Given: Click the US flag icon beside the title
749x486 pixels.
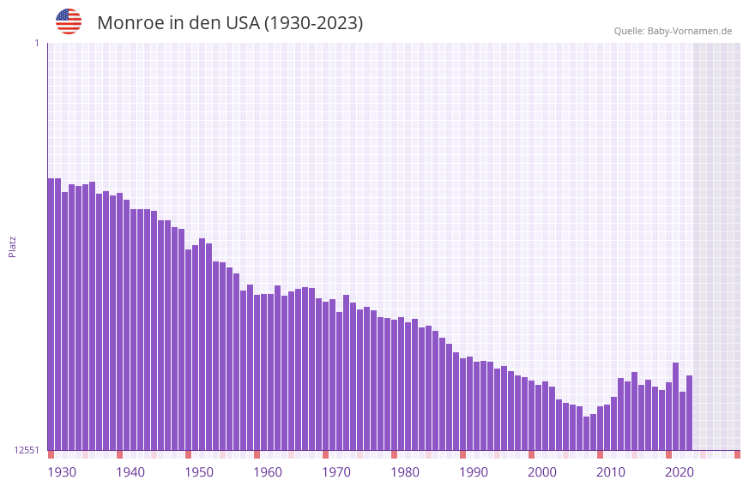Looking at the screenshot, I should click(x=69, y=21).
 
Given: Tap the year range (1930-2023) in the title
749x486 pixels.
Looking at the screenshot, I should click(x=313, y=23).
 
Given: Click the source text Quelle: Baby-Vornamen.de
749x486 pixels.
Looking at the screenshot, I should click(x=673, y=31).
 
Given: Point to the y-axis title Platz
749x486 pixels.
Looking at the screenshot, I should click(x=12, y=246).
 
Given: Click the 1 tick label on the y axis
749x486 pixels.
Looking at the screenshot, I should click(x=36, y=43).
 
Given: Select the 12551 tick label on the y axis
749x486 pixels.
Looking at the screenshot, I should click(x=27, y=450).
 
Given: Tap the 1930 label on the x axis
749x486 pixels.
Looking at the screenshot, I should click(x=62, y=471).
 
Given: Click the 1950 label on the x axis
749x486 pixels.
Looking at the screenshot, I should click(x=199, y=471).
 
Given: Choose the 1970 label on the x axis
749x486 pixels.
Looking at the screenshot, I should click(x=336, y=471).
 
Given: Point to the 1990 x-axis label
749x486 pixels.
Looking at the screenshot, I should click(x=474, y=471).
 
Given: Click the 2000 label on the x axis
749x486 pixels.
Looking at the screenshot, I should click(x=542, y=471).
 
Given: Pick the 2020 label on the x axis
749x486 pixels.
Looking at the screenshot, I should click(x=680, y=471).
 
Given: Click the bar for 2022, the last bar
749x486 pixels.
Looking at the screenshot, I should click(x=689, y=412).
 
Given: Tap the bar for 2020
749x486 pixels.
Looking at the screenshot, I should click(x=675, y=406).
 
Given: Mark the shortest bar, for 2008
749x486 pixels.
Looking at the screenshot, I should click(x=586, y=433).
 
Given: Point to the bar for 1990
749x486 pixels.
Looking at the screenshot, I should click(x=462, y=404).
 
